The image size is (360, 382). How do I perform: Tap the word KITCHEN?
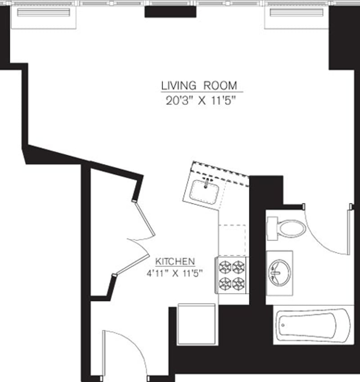[x=175, y=261]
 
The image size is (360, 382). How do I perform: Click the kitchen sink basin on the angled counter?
[x=205, y=192]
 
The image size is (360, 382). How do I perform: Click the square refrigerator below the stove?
[x=197, y=324]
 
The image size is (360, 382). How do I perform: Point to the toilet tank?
[x=271, y=229]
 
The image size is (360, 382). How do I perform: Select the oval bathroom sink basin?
[x=279, y=273]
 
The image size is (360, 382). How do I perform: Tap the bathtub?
[x=313, y=325]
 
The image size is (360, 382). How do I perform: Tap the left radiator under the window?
[x=44, y=12]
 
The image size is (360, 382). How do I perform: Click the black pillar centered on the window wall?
[x=170, y=12]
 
